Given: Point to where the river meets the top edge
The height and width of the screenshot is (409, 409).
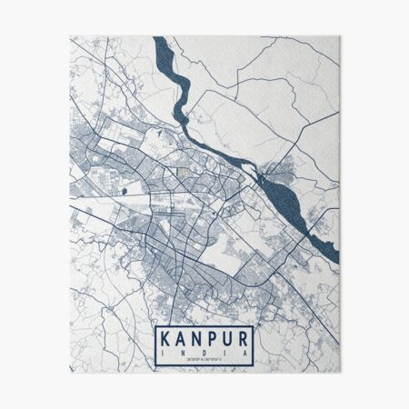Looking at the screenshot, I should click(160, 39).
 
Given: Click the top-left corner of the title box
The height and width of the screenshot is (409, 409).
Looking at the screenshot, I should click(155, 326).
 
